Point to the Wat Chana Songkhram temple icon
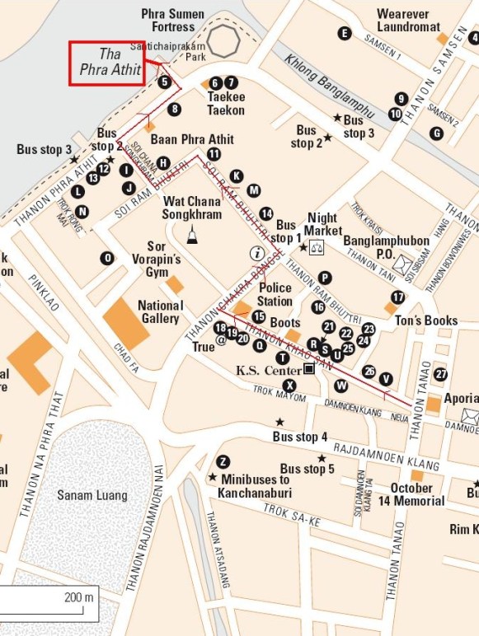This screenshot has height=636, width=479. pos(192,235)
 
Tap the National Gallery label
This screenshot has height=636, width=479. pos(160,311)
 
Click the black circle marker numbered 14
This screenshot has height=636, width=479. pos(266,213)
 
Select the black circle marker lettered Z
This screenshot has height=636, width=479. pos(223,461)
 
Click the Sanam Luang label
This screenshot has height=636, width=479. pos(92,495)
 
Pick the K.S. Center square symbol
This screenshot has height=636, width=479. pos(308,369)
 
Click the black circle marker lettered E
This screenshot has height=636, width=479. pos(345,33)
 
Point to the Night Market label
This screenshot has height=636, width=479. pos(322,225)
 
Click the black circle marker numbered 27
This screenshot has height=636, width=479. pos(441,374)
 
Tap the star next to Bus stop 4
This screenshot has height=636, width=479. pos(279,422)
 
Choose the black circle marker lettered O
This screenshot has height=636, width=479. pos(107,258)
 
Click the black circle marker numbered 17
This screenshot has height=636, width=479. pos(399,297)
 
